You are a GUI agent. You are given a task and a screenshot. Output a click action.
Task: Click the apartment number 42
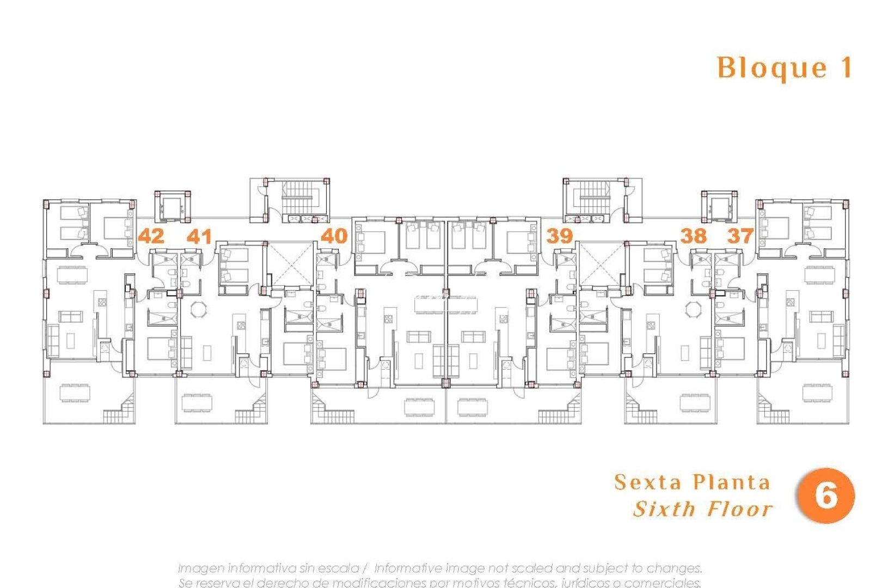(x=151, y=236)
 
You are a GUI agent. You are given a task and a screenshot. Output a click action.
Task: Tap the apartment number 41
(x=199, y=236)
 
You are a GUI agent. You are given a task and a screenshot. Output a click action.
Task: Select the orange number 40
(x=334, y=236)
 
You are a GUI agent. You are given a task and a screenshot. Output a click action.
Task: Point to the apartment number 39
(x=560, y=236)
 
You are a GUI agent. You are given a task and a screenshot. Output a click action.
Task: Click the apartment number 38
(x=694, y=236)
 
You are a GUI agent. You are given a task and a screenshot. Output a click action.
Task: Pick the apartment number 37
(x=740, y=236)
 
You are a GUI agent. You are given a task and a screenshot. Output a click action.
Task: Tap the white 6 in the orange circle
(x=826, y=496)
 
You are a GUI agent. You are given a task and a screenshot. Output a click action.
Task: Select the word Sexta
(x=648, y=482)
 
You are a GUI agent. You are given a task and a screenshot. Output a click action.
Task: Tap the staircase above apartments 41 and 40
(x=298, y=198)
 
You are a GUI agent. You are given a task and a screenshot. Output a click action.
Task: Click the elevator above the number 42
(x=173, y=207)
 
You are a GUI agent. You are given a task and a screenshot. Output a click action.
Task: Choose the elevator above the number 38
(x=719, y=207)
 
